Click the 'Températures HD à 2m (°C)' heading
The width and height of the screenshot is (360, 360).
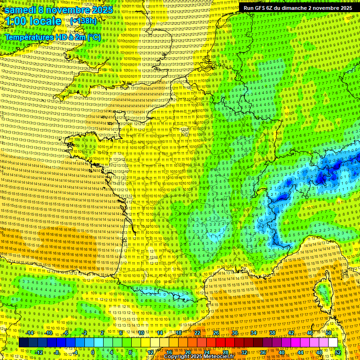point(52,37)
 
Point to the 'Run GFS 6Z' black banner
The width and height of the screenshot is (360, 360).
point(298,8)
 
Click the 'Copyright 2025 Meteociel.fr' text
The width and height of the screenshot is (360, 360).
point(199,356)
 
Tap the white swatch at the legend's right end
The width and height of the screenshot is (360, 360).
point(333,343)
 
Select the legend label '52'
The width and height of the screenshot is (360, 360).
point(338,352)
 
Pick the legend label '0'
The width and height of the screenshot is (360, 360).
point(93,352)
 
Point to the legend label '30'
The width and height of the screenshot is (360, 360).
point(235,333)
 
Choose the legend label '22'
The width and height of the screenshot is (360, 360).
point(197,333)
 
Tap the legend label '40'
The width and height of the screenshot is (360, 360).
point(281,352)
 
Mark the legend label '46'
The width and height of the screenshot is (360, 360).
point(310,333)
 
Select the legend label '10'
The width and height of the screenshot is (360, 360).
point(141,333)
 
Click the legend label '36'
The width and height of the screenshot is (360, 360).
point(262,352)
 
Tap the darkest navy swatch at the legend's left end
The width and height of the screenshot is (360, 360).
point(23,343)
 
